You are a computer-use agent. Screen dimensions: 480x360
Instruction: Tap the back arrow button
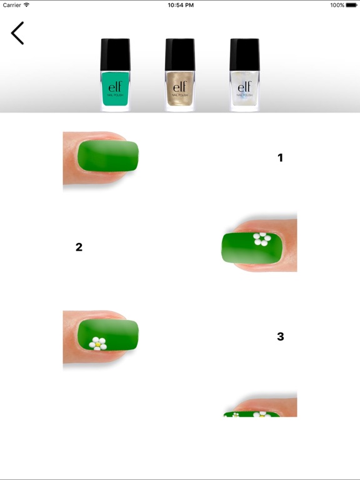(17, 33)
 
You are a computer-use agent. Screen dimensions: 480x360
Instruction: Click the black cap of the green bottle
(116, 54)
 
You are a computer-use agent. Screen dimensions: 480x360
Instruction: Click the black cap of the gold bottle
(180, 54)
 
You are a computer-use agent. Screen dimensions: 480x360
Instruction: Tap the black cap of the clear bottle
(244, 54)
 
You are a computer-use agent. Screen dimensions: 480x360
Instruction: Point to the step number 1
(280, 158)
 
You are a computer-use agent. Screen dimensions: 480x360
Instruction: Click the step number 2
(79, 247)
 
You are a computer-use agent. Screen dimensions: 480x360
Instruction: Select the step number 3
(280, 337)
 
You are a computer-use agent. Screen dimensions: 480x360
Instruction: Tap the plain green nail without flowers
(107, 156)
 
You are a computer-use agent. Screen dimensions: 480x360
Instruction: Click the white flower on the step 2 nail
(261, 238)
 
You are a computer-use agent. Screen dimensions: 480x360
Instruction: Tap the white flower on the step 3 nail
(97, 343)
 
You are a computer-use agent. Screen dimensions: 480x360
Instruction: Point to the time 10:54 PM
(180, 5)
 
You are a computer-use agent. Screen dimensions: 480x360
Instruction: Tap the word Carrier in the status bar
(12, 5)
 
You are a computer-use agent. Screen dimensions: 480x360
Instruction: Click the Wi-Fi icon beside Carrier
(27, 5)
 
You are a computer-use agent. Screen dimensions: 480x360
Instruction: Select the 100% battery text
(337, 5)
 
